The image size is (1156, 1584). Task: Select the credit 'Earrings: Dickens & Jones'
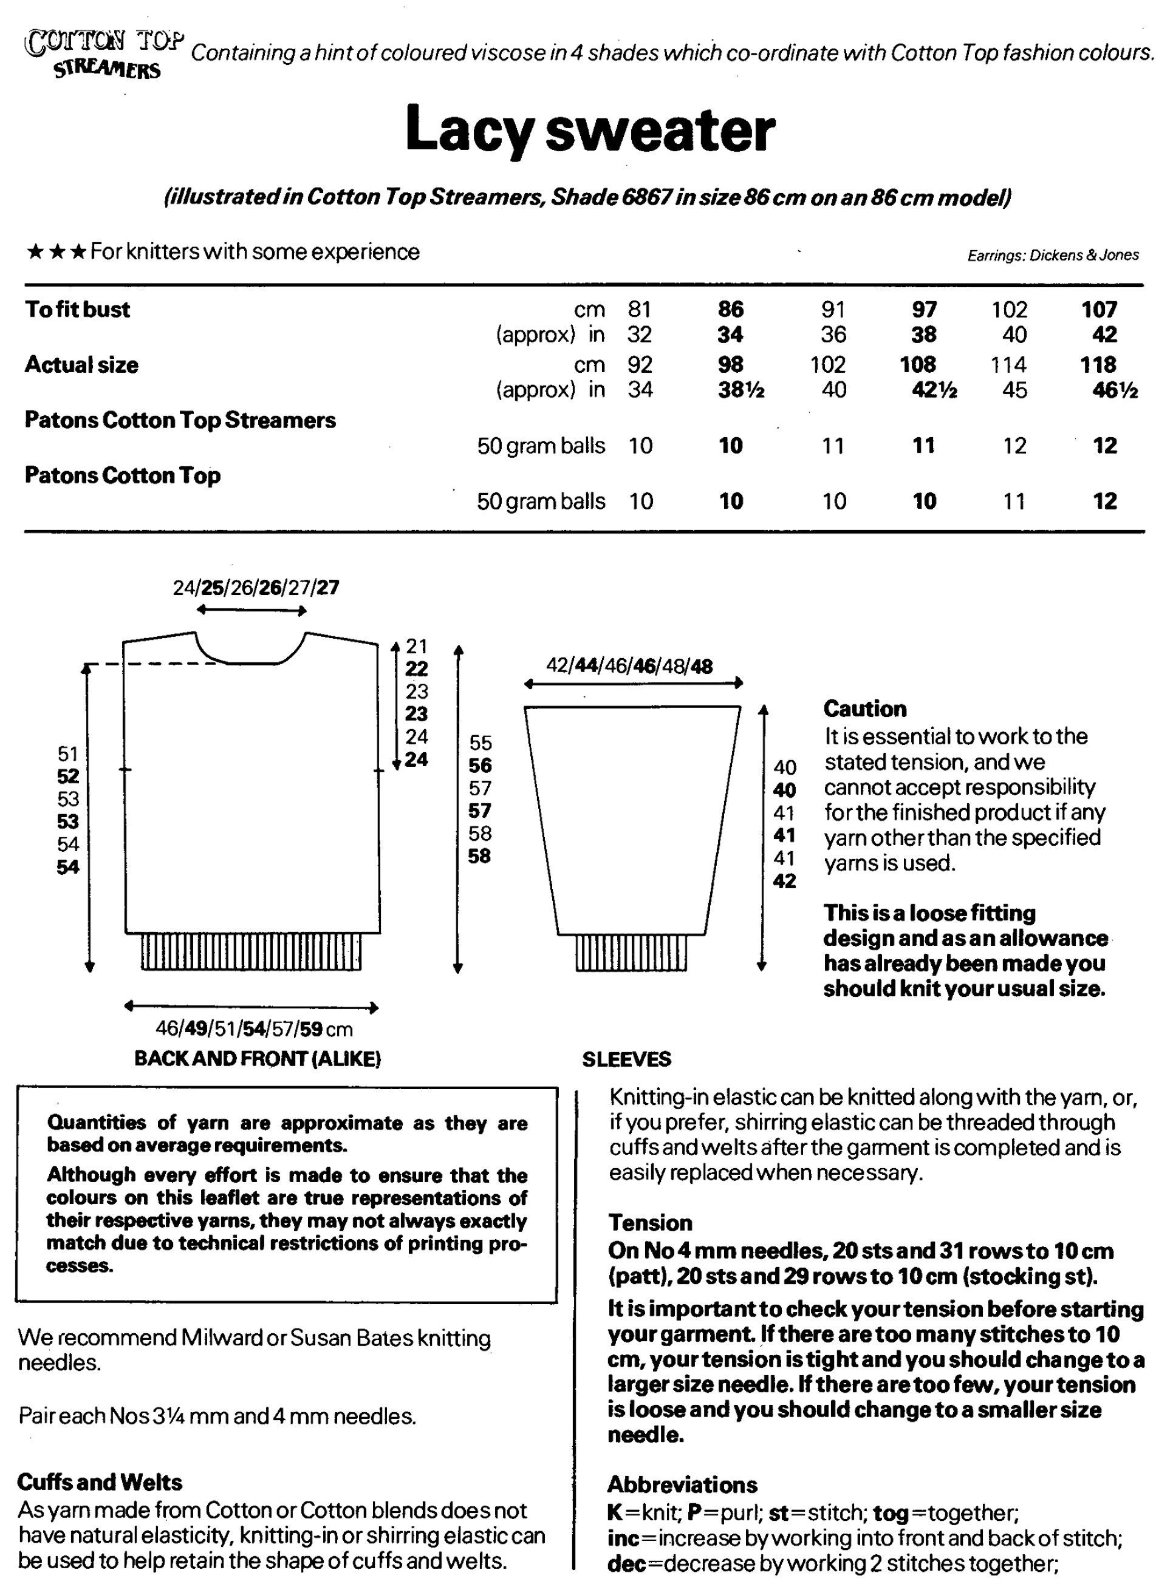1053,255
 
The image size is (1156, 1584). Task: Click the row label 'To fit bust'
78,309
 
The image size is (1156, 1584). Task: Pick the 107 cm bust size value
1100,309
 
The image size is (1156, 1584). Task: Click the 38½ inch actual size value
740,390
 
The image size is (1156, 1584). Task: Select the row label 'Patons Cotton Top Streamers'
180,420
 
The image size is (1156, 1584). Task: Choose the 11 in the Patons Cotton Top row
1014,501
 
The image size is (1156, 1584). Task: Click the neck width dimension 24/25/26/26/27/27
256,588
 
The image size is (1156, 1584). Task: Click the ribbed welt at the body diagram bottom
250,952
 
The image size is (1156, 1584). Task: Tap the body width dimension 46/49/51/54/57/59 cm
253,1028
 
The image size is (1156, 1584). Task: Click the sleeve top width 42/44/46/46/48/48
629,666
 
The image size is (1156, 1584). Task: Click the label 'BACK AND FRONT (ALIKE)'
258,1059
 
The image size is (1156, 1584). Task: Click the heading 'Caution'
864,709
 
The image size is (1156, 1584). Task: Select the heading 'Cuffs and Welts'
100,1482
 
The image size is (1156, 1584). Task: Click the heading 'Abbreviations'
682,1484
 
